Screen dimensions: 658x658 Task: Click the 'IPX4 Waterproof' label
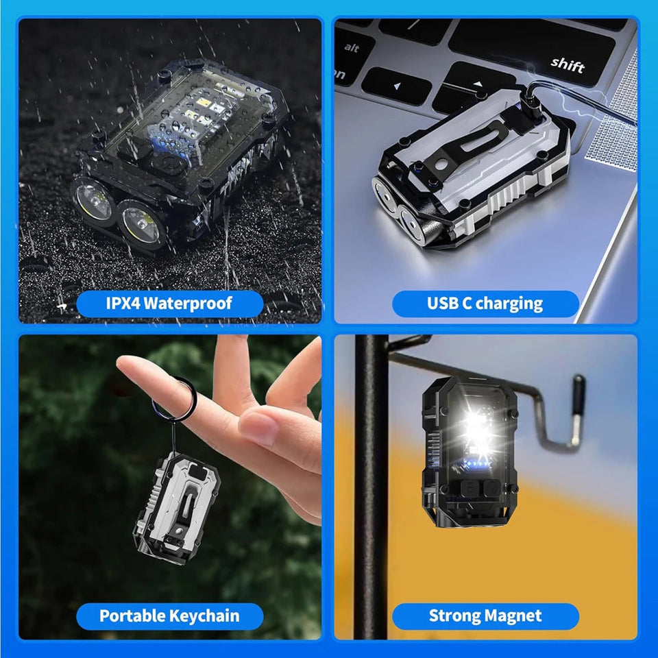(x=169, y=303)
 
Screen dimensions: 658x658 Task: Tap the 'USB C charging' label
(x=485, y=303)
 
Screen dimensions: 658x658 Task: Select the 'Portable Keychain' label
(x=169, y=616)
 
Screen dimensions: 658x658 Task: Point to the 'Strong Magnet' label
(x=485, y=616)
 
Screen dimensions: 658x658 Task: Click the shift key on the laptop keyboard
(x=567, y=64)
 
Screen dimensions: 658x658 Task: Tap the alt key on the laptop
(x=352, y=48)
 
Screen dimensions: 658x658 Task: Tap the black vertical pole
(x=369, y=480)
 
